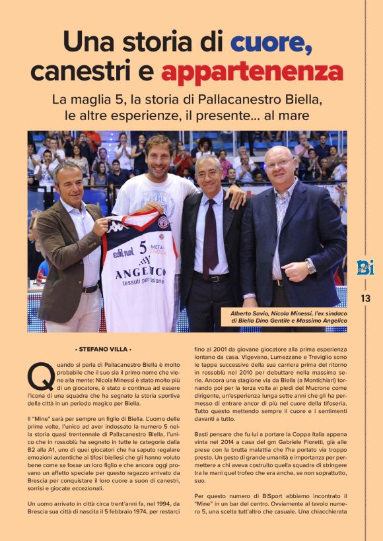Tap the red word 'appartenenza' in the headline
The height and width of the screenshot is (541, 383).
252,71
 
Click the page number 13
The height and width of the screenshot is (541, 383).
365,298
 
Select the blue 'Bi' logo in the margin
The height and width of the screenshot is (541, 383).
365,267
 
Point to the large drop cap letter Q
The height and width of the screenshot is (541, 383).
40,377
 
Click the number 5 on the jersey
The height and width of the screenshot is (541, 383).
142,248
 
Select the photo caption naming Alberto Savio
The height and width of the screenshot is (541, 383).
288,317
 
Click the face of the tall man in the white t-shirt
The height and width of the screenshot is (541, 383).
158,155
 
